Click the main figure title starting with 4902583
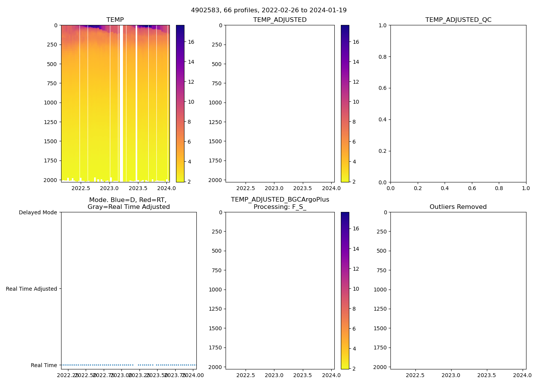(x=269, y=10)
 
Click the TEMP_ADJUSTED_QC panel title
(x=458, y=20)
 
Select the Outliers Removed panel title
(x=458, y=207)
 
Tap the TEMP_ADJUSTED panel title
(x=280, y=20)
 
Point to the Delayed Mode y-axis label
(x=38, y=213)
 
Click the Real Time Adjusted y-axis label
(x=31, y=289)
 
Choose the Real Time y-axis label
(x=44, y=366)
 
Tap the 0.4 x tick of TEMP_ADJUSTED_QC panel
(x=445, y=189)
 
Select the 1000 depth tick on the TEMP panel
(x=50, y=103)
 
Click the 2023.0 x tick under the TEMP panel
(x=110, y=189)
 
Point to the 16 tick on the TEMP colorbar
(x=191, y=42)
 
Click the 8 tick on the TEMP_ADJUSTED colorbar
(x=354, y=122)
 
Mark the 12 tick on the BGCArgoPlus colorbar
(x=356, y=269)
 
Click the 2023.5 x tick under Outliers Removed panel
(x=487, y=375)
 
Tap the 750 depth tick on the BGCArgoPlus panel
(x=217, y=270)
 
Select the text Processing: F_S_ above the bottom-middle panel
(x=280, y=207)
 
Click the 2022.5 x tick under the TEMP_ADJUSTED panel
(x=246, y=189)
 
